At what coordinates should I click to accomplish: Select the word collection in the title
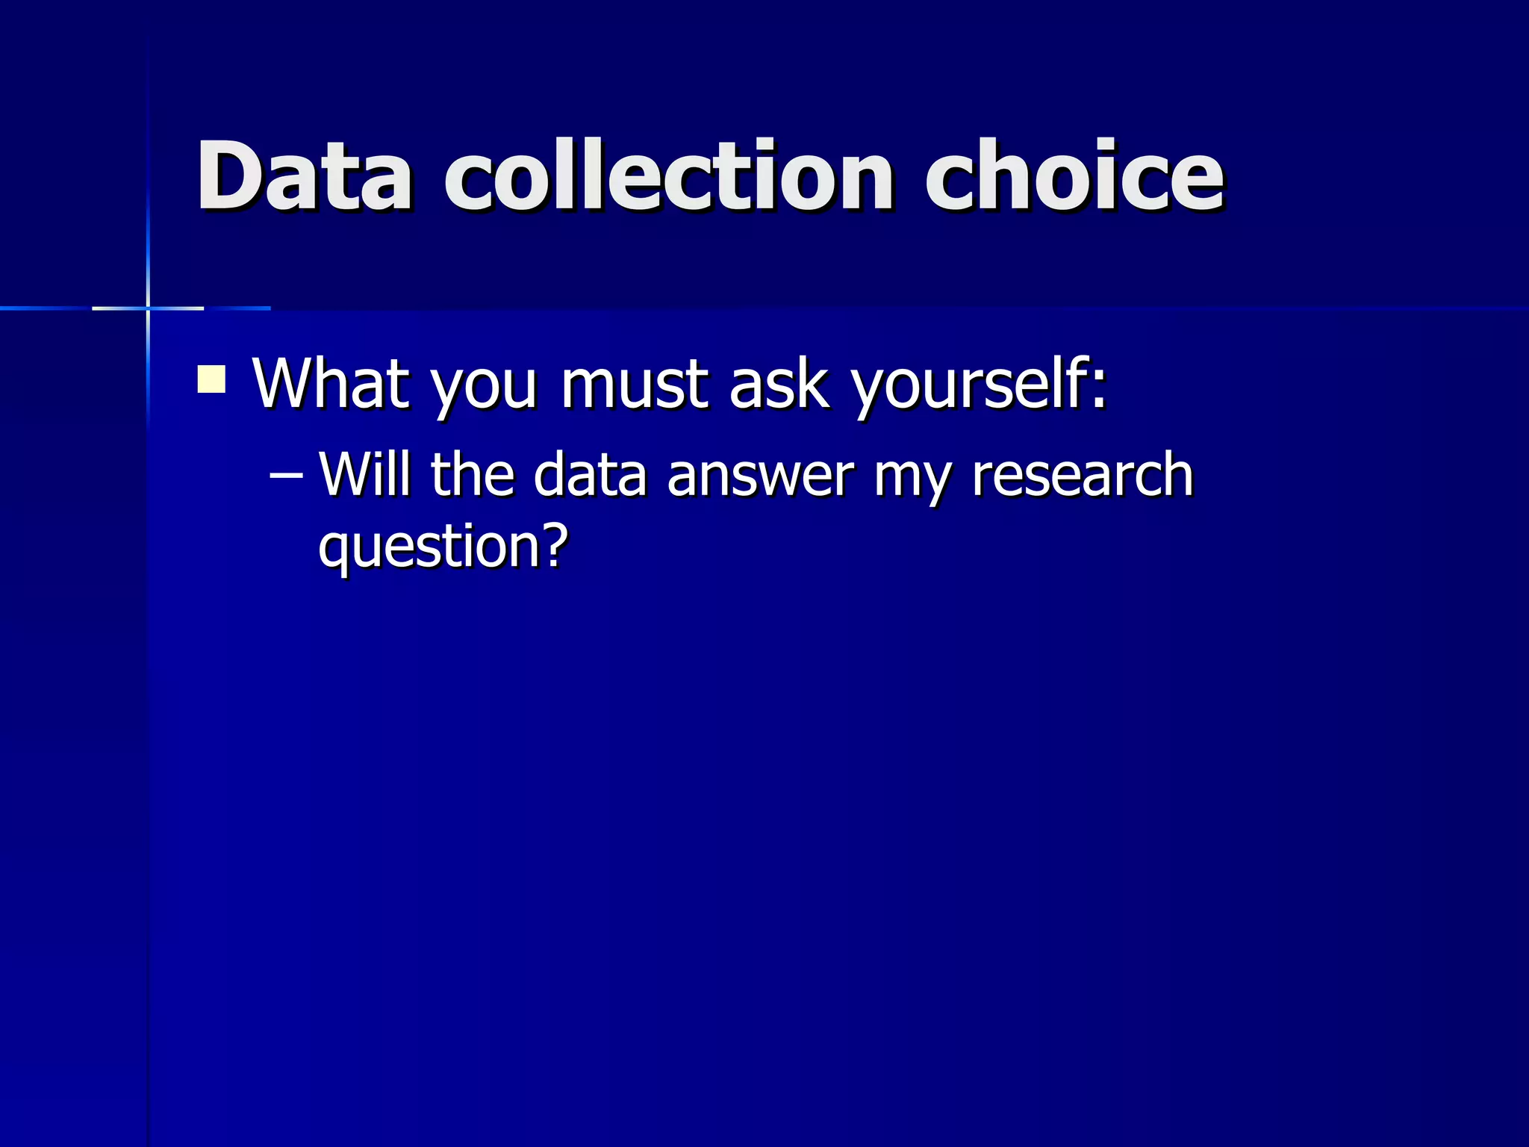click(x=669, y=175)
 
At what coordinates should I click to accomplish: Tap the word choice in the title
click(x=1074, y=175)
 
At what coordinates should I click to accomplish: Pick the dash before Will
click(x=286, y=475)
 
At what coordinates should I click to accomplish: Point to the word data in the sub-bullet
click(x=590, y=475)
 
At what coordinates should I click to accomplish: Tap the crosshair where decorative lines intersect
click(x=148, y=308)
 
